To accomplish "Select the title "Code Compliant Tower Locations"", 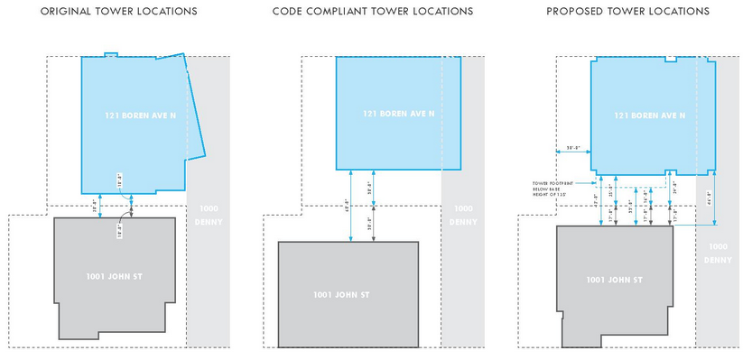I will point(372,12).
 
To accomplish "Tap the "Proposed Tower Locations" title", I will point(627,12).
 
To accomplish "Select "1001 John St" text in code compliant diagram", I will point(348,294).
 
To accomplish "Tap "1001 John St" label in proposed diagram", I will point(614,280).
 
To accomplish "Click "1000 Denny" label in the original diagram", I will point(207,216).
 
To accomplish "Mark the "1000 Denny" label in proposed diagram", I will point(719,253).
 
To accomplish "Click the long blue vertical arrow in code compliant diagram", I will point(351,206).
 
